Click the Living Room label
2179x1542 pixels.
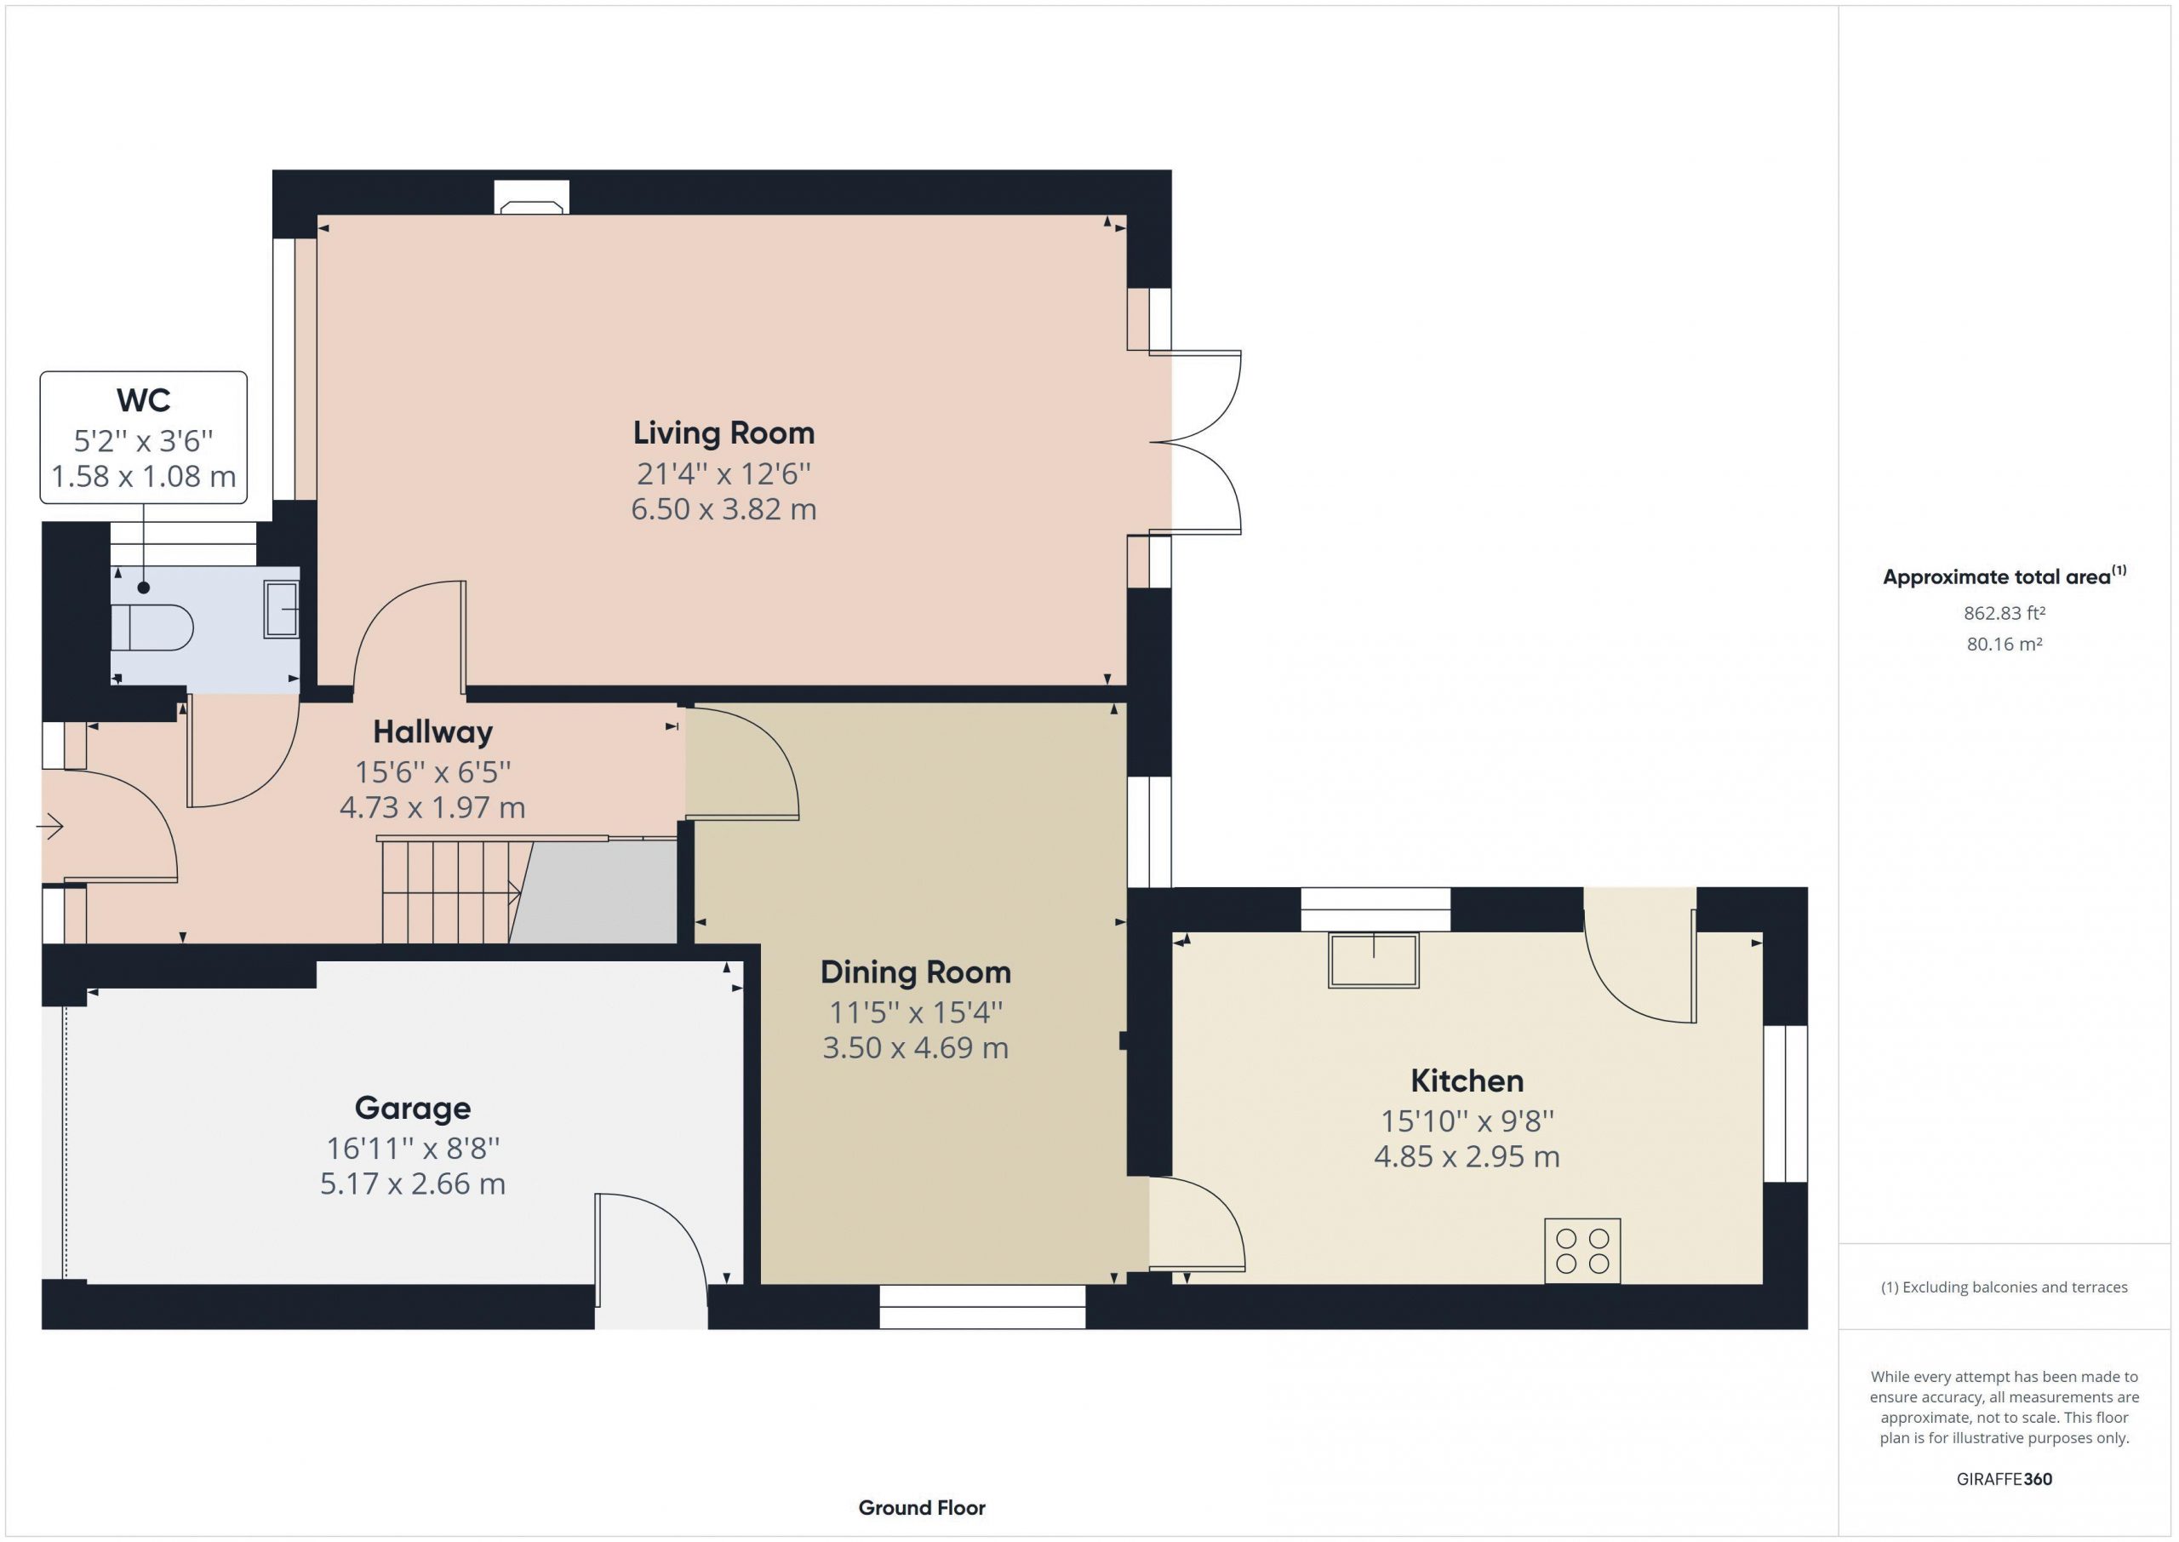pos(723,433)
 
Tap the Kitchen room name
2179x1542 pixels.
pos(1467,1081)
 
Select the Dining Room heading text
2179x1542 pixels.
pos(915,972)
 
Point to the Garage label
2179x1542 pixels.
pos(413,1108)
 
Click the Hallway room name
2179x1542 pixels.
pos(432,732)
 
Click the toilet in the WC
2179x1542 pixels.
pos(152,628)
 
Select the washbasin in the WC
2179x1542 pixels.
pos(281,609)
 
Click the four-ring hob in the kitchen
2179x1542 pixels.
pos(1582,1251)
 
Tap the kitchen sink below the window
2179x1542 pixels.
pos(1373,961)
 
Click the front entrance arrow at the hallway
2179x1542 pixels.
pos(49,827)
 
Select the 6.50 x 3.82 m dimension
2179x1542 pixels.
pos(723,509)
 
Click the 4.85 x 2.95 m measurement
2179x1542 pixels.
pos(1467,1156)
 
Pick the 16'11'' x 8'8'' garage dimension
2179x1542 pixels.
pos(413,1148)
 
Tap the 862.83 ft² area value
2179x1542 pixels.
pos(2005,613)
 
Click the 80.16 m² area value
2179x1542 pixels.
pos(2005,644)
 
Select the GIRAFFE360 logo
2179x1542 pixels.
pos(2005,1479)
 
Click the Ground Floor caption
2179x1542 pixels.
pos(922,1508)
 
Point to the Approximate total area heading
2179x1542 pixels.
pos(2005,576)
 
